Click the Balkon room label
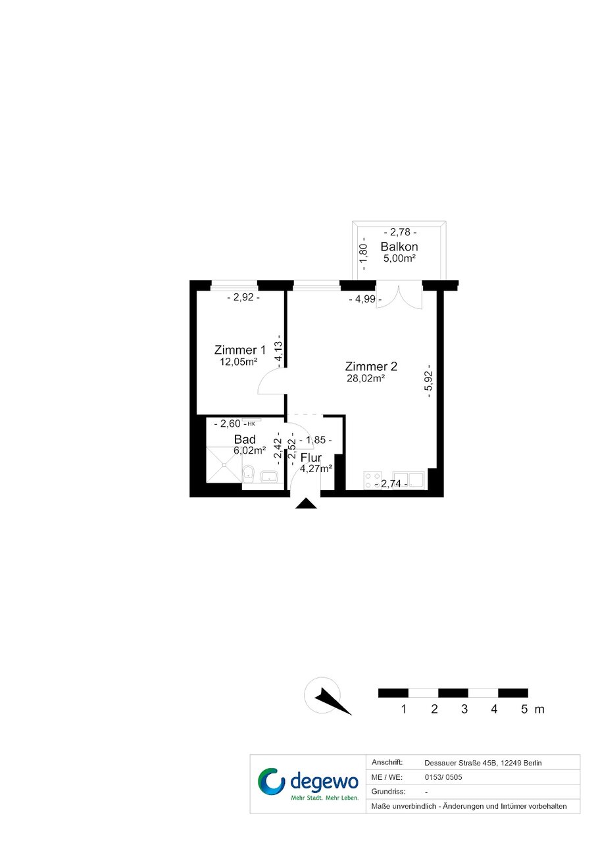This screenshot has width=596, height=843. coord(399,247)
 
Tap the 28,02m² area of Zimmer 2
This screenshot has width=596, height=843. coord(366,378)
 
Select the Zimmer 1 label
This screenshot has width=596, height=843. coord(240,350)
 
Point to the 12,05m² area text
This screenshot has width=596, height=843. coord(239,362)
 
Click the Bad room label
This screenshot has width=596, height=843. coord(245,439)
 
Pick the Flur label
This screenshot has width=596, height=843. coord(311,458)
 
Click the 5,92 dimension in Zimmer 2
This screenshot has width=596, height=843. coord(428,381)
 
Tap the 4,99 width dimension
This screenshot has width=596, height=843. coord(365,299)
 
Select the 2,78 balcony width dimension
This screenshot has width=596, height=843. coord(400,232)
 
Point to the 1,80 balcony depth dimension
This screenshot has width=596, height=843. coord(363,254)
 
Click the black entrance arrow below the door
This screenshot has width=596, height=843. coord(306,503)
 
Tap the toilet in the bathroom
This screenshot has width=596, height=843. coord(249,474)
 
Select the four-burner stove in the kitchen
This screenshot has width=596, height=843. coord(373,481)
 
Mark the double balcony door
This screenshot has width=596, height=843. coord(399,297)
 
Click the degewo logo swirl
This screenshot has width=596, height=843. coord(271,781)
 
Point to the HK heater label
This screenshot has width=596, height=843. coord(251,423)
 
